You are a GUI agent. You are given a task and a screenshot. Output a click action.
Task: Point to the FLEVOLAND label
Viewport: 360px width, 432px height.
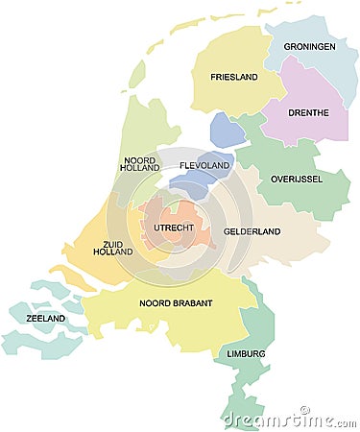(x=204, y=166)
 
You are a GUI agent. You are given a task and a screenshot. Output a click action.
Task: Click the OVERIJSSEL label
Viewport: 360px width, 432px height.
(x=296, y=179)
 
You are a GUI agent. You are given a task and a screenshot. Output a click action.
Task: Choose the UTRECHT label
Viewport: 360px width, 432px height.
(x=173, y=228)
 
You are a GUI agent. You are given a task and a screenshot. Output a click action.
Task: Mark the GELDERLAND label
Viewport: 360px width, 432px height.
(x=252, y=231)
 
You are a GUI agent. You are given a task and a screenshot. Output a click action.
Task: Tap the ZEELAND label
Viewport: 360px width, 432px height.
(x=44, y=318)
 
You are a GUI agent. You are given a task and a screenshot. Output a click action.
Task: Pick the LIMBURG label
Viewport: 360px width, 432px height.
(x=246, y=353)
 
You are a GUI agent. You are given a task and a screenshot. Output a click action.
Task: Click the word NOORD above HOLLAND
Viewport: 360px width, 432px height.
(x=141, y=160)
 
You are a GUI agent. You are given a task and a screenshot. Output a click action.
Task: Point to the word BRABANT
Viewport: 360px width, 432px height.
(x=191, y=303)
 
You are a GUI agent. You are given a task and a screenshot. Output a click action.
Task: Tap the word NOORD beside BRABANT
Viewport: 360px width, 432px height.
(x=155, y=303)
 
